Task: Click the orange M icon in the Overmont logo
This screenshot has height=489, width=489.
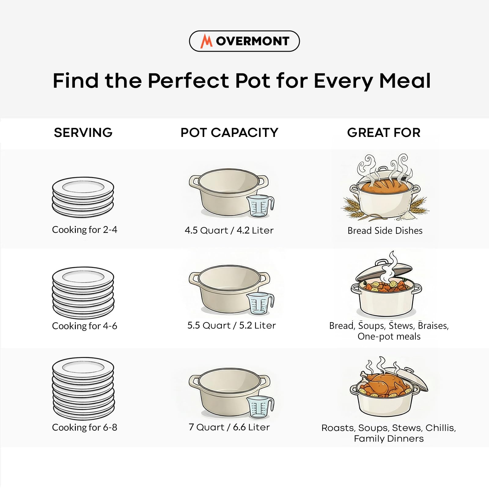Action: pos(206,41)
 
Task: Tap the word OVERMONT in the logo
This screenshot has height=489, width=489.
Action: pos(252,41)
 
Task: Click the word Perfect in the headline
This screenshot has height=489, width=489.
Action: pos(188,81)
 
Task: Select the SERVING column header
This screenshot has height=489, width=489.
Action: pos(83,133)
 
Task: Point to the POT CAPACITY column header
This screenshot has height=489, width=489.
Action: pos(229,133)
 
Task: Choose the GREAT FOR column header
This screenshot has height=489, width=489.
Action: pos(384,133)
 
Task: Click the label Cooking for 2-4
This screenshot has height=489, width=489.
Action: pos(85,230)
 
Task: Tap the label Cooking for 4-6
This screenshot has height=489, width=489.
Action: pos(85,326)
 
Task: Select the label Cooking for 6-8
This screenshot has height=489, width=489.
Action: pos(85,427)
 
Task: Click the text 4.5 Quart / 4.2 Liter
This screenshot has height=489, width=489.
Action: pos(229,230)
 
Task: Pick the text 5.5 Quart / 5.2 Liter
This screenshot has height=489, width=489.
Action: pos(231,325)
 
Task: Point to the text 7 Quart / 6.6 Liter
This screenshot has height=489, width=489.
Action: pos(229,427)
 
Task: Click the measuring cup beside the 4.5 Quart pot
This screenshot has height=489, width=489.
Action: pos(260,206)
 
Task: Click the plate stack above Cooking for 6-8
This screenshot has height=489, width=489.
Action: pos(83,388)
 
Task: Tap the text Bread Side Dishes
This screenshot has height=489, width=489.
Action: pos(385,230)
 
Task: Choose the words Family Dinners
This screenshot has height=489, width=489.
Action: pos(389,439)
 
